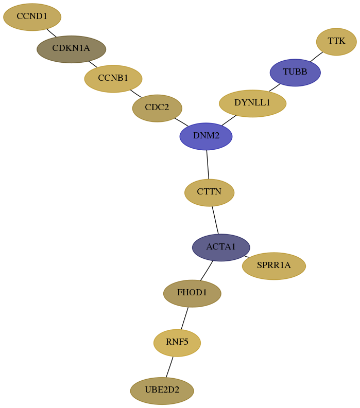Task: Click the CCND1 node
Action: (32, 17)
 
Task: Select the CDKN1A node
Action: (72, 49)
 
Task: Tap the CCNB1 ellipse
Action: (113, 79)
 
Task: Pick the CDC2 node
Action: (157, 108)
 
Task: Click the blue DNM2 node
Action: (206, 136)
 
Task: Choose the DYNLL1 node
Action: (253, 103)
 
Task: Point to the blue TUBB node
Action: (295, 73)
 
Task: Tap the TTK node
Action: (336, 42)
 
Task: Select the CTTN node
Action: (210, 192)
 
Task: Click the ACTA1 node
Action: (221, 247)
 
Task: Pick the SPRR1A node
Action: (274, 266)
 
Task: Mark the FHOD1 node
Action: (192, 293)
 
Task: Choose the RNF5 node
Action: (177, 343)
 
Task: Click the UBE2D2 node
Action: (162, 391)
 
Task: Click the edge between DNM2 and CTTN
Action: (208, 165)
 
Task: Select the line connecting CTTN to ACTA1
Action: (215, 220)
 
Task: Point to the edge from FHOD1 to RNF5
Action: (185, 318)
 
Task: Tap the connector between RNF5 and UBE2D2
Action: (169, 367)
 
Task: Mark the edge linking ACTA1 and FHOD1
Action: (207, 271)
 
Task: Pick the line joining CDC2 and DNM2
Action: (181, 122)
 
